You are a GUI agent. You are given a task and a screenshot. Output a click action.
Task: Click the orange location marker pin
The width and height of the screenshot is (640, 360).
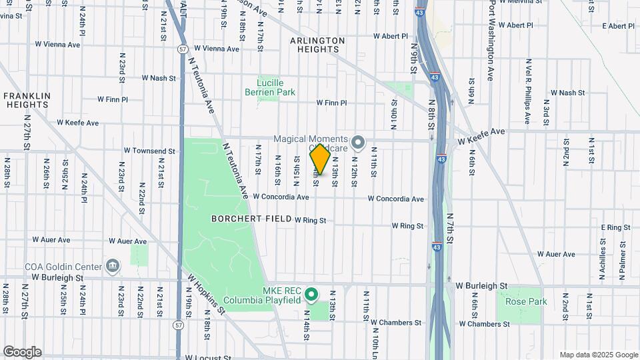point(320,159)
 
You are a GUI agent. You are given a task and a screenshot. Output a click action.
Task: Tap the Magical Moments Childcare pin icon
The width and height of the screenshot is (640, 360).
point(359,143)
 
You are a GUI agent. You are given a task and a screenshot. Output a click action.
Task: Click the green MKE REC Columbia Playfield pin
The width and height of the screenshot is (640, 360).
point(311,293)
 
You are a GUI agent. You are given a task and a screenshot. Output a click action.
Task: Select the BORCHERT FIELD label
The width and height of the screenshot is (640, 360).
point(251,219)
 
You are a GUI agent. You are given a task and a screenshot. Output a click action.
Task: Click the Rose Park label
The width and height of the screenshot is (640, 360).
point(526,301)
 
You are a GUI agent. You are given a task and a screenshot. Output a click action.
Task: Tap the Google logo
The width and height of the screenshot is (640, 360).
point(22,352)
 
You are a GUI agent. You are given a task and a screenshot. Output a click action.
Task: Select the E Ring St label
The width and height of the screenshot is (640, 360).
point(614,227)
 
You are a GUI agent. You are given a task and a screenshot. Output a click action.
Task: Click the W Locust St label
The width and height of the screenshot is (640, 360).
point(208,357)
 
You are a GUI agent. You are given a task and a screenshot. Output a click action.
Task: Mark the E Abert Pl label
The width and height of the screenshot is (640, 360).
point(617,26)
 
